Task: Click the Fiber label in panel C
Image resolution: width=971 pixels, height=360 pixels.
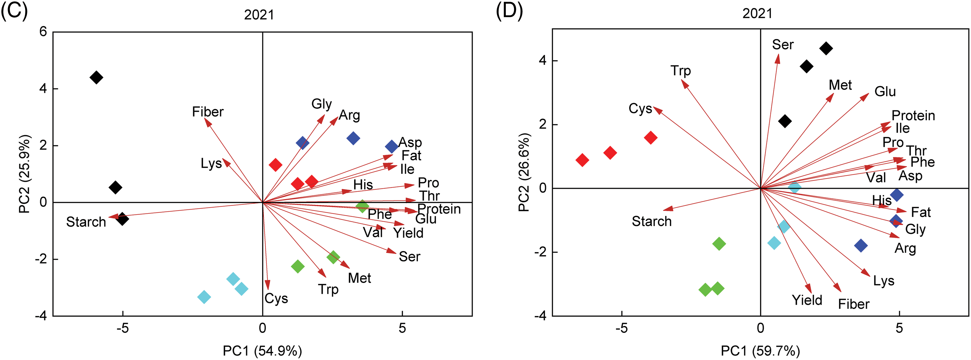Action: (x=208, y=112)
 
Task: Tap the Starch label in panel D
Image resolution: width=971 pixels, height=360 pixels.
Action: (x=651, y=221)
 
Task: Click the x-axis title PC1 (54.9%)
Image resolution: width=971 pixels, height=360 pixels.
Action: (x=262, y=351)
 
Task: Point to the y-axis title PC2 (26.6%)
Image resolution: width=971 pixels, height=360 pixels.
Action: (x=524, y=172)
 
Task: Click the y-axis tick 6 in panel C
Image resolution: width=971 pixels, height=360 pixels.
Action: (x=43, y=32)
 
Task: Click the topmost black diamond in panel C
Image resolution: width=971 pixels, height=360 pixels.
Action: (x=97, y=78)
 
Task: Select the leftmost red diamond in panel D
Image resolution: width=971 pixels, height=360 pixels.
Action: (x=582, y=160)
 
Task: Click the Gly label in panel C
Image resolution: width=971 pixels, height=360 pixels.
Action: (x=322, y=104)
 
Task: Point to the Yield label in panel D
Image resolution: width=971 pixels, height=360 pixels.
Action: (x=807, y=300)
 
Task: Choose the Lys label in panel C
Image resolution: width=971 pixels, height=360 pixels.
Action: (x=211, y=164)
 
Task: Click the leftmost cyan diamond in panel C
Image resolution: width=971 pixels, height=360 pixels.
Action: (x=204, y=297)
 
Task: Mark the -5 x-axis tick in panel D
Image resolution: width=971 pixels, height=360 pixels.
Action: (x=622, y=328)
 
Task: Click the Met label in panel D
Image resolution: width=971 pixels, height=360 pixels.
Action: (x=840, y=85)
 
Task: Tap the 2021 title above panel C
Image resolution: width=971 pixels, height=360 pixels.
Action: (x=259, y=15)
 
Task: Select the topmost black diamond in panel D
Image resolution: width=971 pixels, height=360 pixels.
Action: (x=826, y=48)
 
